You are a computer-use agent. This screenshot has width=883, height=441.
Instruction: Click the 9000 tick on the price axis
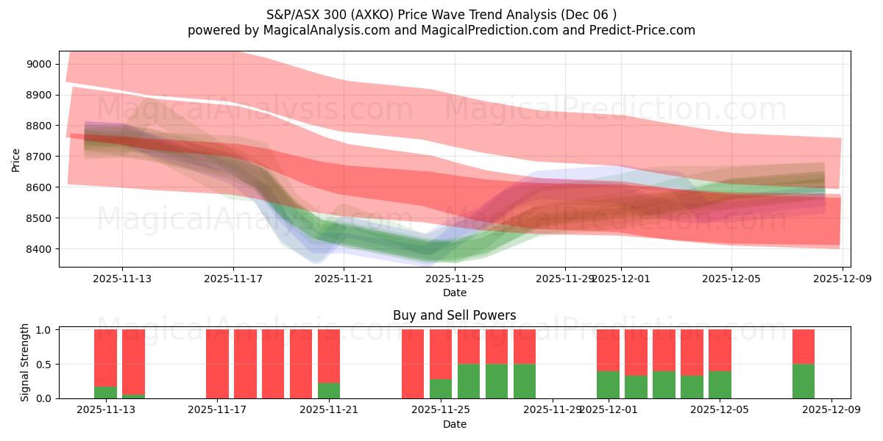click(x=38, y=64)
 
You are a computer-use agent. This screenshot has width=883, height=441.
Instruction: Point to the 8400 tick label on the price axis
click(x=38, y=249)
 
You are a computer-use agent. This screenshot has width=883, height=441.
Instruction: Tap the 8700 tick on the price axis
click(x=38, y=157)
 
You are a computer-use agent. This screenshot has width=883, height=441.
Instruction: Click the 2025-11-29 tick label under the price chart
click(x=564, y=279)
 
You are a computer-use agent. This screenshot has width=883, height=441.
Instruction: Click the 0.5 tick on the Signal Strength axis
click(x=43, y=364)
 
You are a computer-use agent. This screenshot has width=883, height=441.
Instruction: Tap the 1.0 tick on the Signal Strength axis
click(x=43, y=330)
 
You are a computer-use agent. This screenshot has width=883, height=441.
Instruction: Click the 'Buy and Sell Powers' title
click(x=454, y=315)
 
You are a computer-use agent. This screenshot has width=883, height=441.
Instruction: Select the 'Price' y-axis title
click(x=16, y=159)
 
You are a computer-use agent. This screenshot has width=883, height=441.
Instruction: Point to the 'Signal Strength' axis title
click(x=25, y=362)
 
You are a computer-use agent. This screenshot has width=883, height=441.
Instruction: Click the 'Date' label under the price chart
click(x=454, y=293)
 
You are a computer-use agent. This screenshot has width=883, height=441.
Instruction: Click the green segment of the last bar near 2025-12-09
click(x=804, y=381)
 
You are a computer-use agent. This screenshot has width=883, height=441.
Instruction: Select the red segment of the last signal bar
click(x=804, y=346)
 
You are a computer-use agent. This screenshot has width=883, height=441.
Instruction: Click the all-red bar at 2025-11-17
click(x=217, y=364)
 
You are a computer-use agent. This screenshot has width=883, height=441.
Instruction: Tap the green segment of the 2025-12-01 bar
click(x=608, y=384)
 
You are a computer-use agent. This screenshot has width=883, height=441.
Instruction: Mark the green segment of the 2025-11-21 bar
click(x=329, y=390)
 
